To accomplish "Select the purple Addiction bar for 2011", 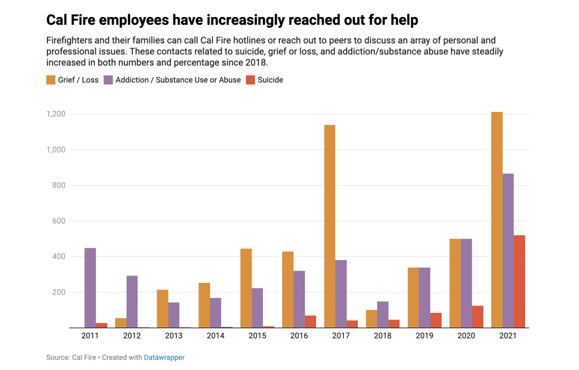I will point(90,288).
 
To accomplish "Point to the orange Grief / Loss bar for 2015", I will point(246,289).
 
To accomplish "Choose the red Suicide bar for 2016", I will point(310,322).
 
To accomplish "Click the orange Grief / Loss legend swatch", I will point(51,80).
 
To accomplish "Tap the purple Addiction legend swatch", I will point(109,80).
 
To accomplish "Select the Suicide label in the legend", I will point(270,80).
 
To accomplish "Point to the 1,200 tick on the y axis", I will point(55,114).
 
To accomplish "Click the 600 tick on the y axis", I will point(59,221).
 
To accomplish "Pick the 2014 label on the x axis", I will point(215,336).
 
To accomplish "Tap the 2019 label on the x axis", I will point(425,336).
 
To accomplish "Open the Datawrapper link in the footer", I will point(164,358).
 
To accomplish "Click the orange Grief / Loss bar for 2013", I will point(162,309).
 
